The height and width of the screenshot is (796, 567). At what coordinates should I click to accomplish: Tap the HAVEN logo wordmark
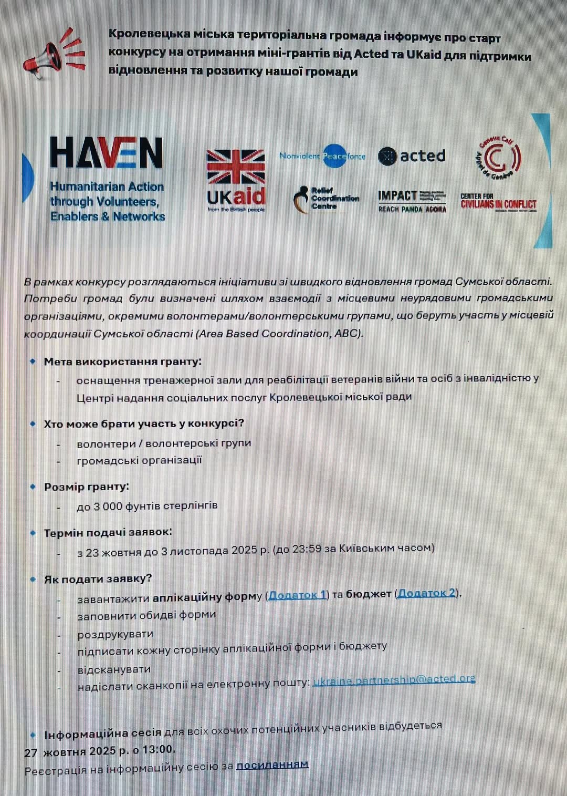point(106,153)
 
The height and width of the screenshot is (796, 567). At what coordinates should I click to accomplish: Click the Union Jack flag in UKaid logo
point(236,167)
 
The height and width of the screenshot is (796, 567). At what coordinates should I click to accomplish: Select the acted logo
point(412,156)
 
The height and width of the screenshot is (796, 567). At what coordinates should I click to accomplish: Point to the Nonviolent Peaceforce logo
point(322,156)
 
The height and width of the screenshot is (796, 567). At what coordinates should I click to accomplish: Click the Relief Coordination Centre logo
point(326,199)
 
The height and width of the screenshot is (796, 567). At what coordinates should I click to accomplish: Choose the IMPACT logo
point(412,201)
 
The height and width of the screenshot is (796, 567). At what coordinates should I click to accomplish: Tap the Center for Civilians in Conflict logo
point(498,202)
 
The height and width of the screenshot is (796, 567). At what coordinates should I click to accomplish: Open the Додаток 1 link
point(298,595)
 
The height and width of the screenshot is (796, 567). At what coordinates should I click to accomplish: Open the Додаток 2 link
point(427,593)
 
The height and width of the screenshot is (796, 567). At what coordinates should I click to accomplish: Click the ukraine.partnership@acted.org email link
point(394,680)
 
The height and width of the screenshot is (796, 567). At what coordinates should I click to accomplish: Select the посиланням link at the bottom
point(272,765)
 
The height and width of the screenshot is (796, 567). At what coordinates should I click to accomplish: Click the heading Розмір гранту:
point(87,487)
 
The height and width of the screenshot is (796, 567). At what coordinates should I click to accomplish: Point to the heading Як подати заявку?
point(98,579)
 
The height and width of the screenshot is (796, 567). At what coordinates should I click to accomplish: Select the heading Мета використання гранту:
point(123,361)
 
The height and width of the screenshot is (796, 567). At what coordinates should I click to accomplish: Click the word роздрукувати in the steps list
point(115,634)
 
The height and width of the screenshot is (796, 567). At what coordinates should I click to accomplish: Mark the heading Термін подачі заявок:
point(108,532)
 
